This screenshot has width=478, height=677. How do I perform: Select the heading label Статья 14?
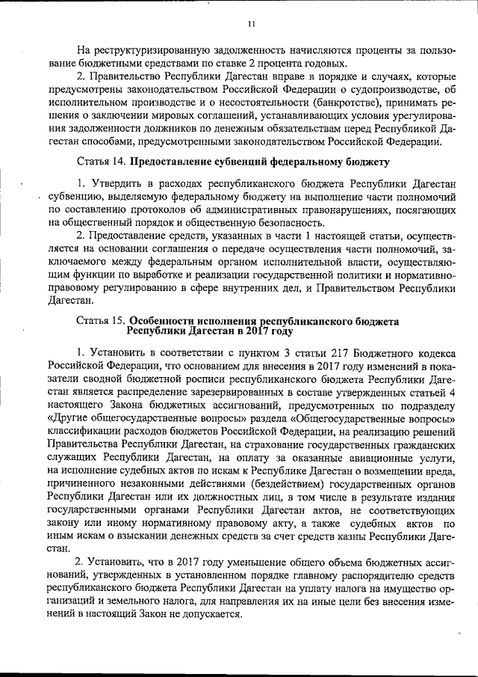pyautogui.click(x=102, y=162)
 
